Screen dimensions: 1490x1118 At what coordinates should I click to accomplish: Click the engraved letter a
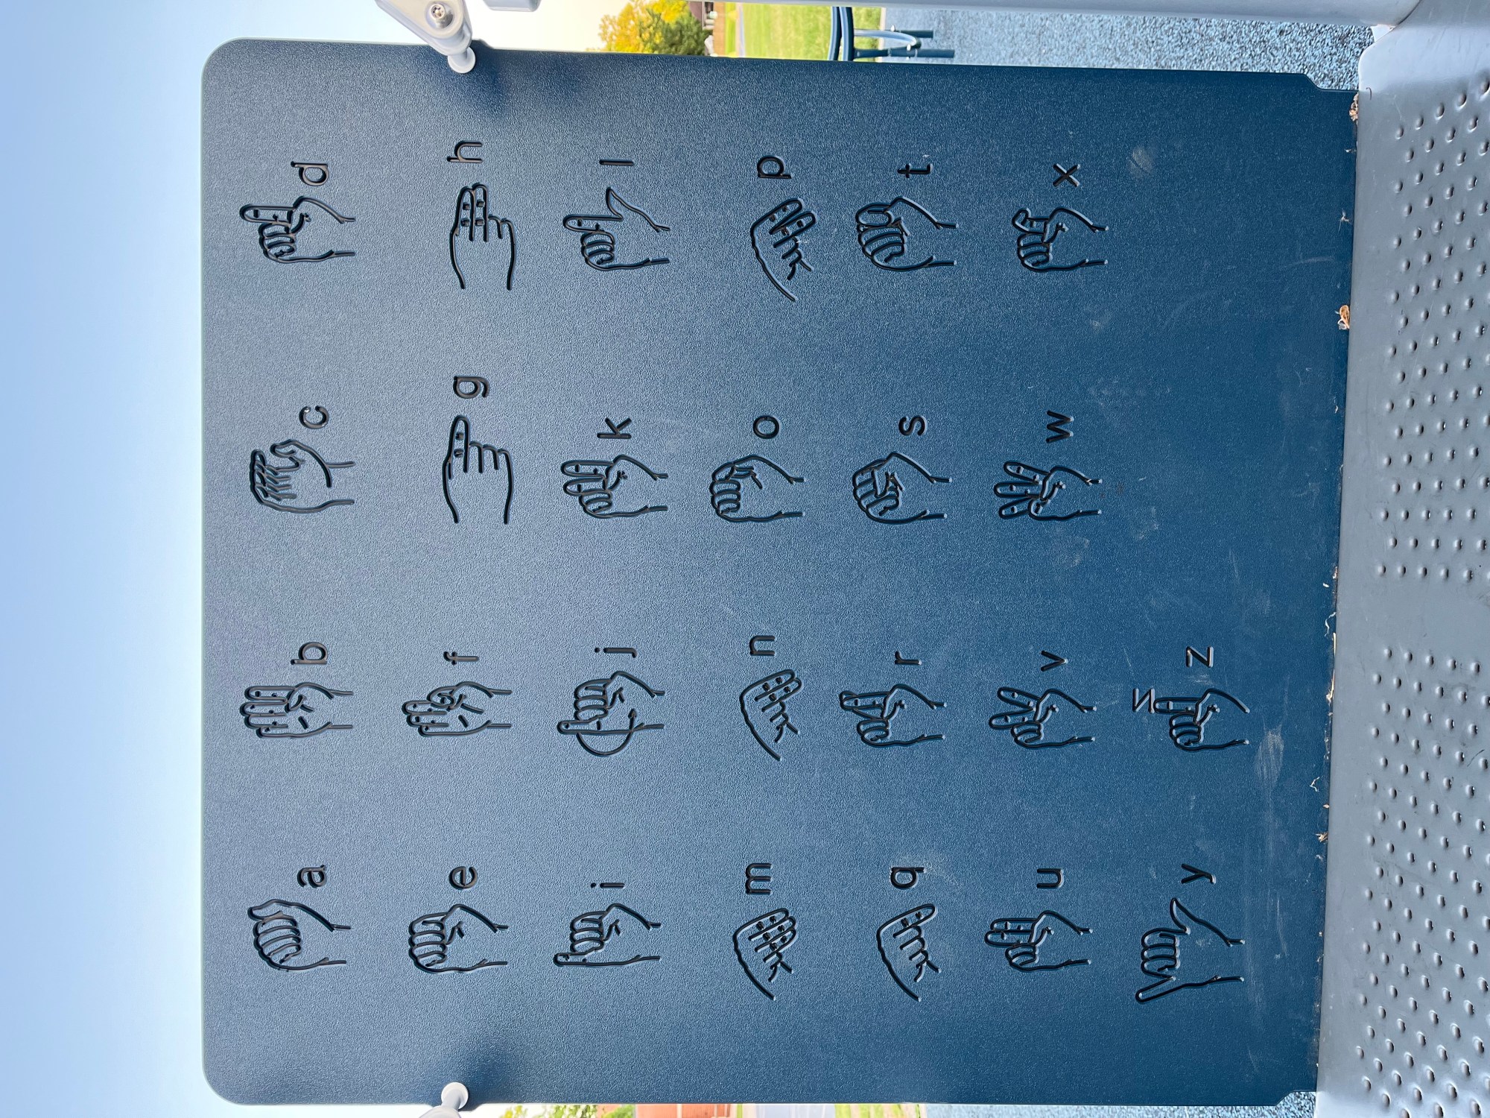click(x=312, y=876)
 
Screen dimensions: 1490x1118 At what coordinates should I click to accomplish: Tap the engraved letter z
click(x=1199, y=657)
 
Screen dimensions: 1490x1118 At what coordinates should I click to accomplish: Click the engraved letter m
click(x=758, y=878)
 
